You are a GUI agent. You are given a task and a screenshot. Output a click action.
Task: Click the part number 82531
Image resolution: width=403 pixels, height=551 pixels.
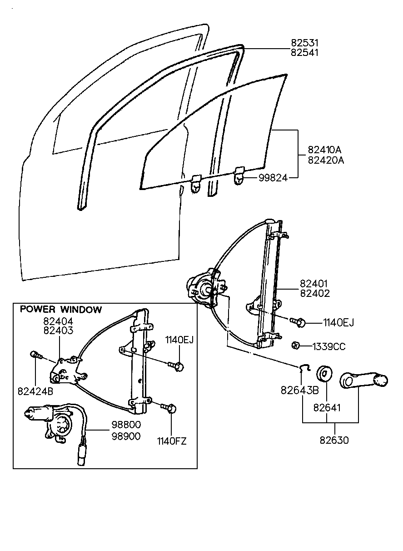pyautogui.click(x=305, y=43)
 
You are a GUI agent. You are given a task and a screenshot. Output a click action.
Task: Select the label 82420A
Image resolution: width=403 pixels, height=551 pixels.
pyautogui.click(x=326, y=160)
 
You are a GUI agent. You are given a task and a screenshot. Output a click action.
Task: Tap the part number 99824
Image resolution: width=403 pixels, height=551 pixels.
pyautogui.click(x=273, y=178)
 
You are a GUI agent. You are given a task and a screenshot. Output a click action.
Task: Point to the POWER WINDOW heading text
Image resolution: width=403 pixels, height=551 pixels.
pyautogui.click(x=61, y=310)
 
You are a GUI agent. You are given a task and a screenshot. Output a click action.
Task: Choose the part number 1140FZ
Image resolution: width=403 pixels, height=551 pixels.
pyautogui.click(x=172, y=441)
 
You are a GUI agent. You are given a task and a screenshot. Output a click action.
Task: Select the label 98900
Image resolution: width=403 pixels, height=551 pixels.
pyautogui.click(x=126, y=436)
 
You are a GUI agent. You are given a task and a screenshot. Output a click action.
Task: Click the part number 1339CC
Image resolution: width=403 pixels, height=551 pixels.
pyautogui.click(x=329, y=347)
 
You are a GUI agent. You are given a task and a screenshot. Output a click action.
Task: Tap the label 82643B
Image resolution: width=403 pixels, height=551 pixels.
pyautogui.click(x=300, y=390)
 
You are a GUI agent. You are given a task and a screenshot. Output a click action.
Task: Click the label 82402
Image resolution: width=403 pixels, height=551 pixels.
pyautogui.click(x=315, y=293)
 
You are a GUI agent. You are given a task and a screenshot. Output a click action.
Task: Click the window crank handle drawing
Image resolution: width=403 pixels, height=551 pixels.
pyautogui.click(x=363, y=381)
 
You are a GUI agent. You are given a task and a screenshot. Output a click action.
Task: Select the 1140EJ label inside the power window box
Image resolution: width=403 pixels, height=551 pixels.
pyautogui.click(x=179, y=339)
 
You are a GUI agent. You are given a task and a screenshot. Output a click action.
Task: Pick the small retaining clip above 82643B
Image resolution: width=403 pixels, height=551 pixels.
pyautogui.click(x=304, y=368)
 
